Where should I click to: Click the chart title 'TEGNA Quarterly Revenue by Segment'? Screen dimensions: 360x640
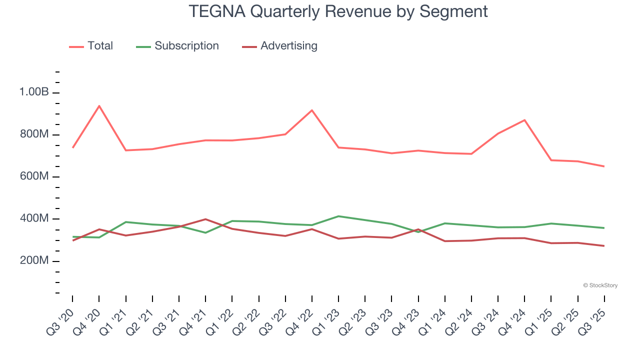pos(338,11)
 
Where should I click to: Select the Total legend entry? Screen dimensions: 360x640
pos(100,46)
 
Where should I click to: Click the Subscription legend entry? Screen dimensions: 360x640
pos(186,46)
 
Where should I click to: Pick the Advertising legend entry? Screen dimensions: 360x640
pos(288,46)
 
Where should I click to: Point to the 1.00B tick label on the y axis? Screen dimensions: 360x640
pos(34,92)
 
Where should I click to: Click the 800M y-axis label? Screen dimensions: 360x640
pos(34,135)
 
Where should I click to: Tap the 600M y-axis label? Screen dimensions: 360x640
pos(34,177)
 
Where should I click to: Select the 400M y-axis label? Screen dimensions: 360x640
pos(34,219)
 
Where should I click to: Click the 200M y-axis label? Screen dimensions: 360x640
pos(34,261)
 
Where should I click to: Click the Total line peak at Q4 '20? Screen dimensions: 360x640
pos(99,106)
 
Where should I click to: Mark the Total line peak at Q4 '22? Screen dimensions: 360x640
pos(312,110)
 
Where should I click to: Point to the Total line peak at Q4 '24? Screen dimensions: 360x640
pos(524,120)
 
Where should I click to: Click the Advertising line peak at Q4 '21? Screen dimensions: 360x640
pos(205,219)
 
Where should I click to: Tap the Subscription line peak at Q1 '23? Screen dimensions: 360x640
pos(338,216)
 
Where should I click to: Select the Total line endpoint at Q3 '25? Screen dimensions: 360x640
pos(604,166)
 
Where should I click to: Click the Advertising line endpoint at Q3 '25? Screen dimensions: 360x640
pos(604,245)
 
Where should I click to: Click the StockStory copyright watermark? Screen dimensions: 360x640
pos(600,285)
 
